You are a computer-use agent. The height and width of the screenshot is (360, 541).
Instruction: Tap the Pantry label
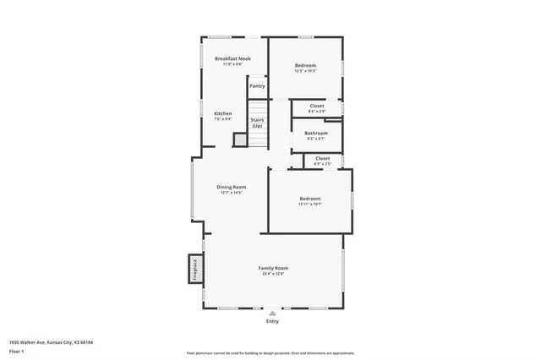pos(257,85)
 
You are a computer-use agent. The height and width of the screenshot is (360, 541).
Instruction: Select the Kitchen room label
pos(222,113)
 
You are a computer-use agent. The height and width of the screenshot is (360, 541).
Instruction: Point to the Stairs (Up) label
pos(257,123)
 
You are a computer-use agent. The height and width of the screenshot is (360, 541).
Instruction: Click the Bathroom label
pos(316,133)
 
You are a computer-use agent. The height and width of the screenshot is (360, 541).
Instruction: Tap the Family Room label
pos(273,268)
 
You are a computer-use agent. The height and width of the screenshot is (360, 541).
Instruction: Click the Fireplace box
pos(194,270)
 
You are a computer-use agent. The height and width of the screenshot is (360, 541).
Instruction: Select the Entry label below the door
pos(272,321)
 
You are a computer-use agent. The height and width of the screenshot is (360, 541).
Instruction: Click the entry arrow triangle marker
pos(272,313)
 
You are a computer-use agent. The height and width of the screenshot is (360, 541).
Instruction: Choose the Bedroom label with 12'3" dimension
pos(305,66)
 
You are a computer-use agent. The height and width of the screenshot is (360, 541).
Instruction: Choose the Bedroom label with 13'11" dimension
pos(310,199)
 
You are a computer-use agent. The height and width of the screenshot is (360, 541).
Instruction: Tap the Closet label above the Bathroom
pos(316,106)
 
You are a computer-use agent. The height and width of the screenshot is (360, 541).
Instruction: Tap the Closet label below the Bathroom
pos(322,158)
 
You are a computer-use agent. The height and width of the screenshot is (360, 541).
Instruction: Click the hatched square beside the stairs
pos(240,141)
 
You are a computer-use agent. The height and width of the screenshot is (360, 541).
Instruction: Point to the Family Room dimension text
pos(273,274)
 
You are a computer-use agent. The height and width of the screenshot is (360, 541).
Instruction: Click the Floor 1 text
pos(17,350)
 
